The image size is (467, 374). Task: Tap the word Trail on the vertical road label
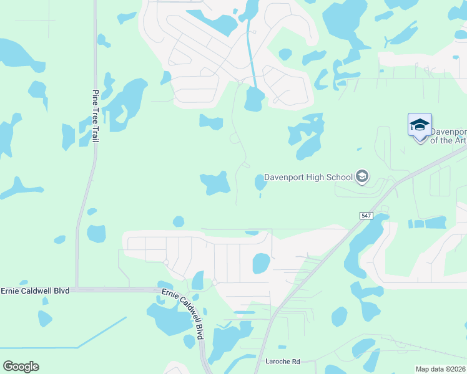coord(96,133)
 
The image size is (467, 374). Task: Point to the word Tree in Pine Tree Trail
coord(96,113)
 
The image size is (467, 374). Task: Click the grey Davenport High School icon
coord(361,177)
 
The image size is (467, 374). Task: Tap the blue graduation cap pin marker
coord(420,127)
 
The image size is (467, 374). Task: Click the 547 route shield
coord(366,215)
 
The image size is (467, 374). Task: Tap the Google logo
coord(21,367)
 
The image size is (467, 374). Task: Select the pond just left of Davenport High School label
coord(260,182)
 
